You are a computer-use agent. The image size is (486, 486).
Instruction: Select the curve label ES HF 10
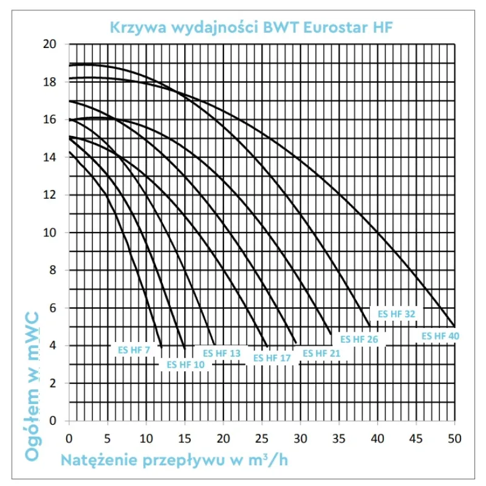point(186,364)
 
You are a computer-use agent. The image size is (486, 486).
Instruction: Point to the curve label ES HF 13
point(222,353)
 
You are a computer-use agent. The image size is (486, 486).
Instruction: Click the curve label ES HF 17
point(272,358)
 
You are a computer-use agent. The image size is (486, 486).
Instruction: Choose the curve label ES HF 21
point(322,354)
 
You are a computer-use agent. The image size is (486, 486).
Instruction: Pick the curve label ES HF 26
point(359,339)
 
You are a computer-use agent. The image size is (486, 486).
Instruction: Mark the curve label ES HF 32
point(397,314)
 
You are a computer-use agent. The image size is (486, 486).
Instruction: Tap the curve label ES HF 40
point(440,335)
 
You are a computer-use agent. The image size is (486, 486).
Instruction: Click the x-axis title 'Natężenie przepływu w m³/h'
point(174,459)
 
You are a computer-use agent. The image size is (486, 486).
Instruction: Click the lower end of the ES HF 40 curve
point(454,326)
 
